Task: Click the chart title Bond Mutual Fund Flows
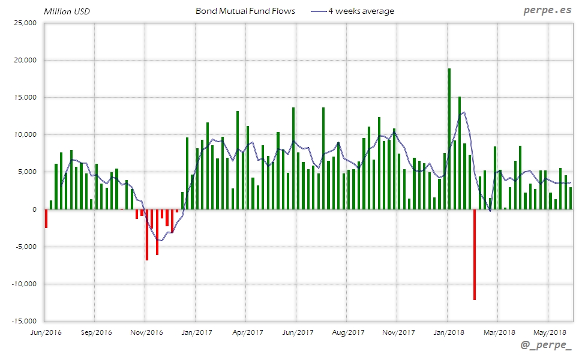click(245, 11)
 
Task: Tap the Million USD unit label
click(67, 11)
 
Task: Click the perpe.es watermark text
click(547, 11)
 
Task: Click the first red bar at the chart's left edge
click(46, 218)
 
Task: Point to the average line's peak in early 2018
click(464, 112)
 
